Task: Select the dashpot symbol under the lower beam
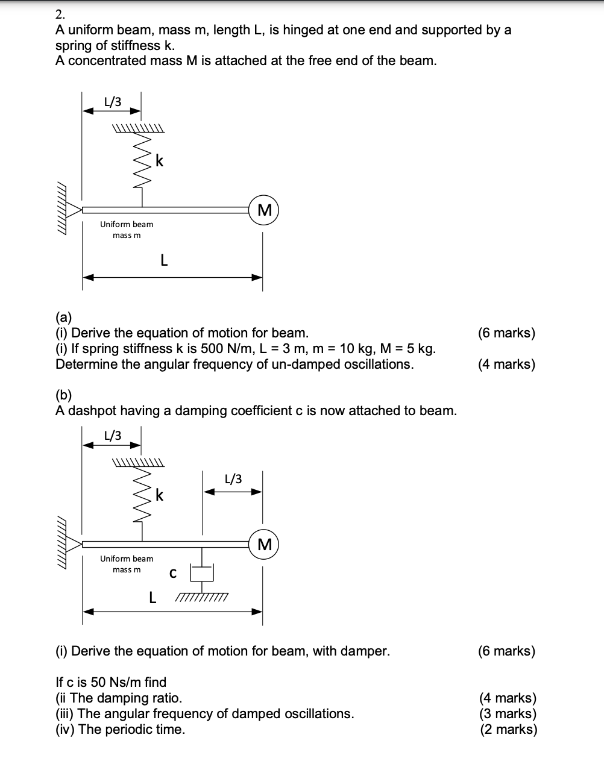pyautogui.click(x=202, y=571)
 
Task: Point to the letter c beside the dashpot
pyautogui.click(x=172, y=574)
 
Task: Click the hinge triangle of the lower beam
pyautogui.click(x=74, y=545)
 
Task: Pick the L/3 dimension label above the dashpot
pyautogui.click(x=233, y=480)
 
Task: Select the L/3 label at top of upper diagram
pyautogui.click(x=113, y=102)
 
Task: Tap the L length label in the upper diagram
pyautogui.click(x=163, y=261)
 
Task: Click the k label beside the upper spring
pyautogui.click(x=159, y=161)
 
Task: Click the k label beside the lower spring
pyautogui.click(x=159, y=495)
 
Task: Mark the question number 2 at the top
pyautogui.click(x=59, y=14)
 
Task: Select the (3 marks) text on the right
pyautogui.click(x=508, y=714)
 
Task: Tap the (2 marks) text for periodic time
pyautogui.click(x=508, y=730)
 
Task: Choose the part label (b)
pyautogui.click(x=63, y=395)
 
